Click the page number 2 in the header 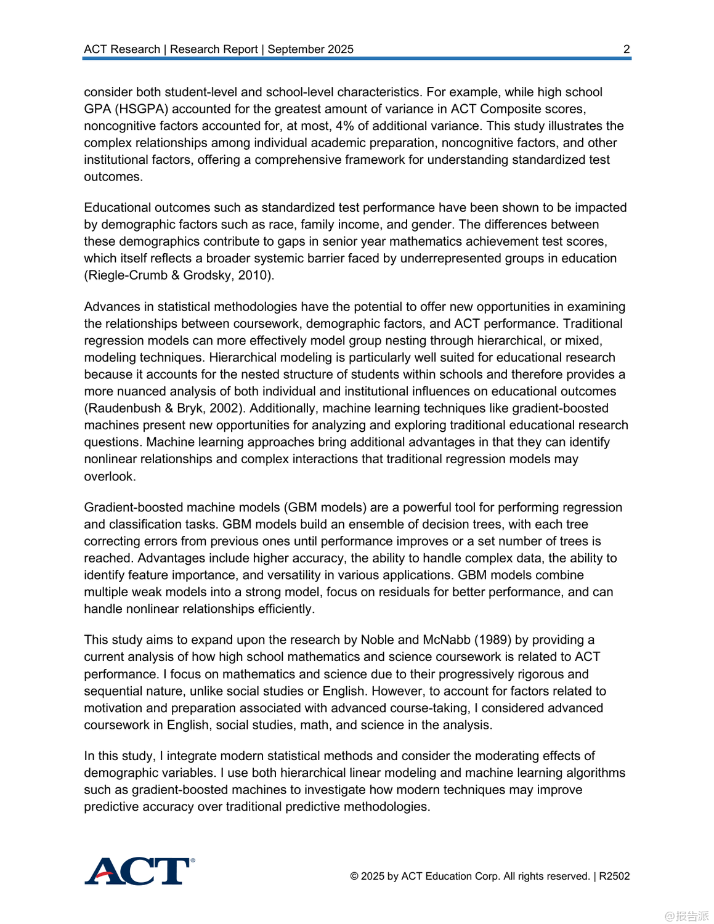point(627,49)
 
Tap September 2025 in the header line point(310,49)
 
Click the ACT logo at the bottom point(139,871)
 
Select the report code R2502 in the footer point(614,876)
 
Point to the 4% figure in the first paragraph point(344,126)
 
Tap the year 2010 point(254,275)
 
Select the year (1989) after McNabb point(493,640)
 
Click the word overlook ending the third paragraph point(109,476)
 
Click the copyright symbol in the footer point(354,876)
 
